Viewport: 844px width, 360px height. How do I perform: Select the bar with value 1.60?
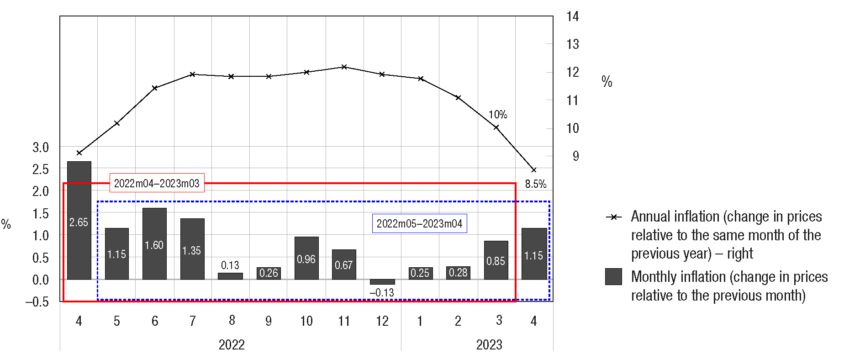(x=154, y=244)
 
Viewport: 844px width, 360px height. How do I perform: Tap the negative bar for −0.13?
(x=382, y=282)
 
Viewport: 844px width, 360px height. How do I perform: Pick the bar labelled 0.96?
(x=306, y=258)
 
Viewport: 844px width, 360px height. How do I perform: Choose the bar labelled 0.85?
(x=496, y=260)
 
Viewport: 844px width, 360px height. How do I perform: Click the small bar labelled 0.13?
(x=230, y=276)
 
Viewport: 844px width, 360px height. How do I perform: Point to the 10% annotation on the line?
(x=498, y=115)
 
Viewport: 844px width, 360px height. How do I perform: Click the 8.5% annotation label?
(x=535, y=184)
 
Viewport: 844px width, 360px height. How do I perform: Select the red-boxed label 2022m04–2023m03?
(x=157, y=183)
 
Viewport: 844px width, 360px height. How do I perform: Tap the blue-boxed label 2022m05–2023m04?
(x=419, y=223)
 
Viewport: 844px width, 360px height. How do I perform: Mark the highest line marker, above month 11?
(x=344, y=67)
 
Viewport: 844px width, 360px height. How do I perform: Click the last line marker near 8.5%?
(x=534, y=170)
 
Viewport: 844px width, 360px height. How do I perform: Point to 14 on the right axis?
(x=572, y=17)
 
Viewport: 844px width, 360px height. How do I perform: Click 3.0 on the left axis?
(x=41, y=147)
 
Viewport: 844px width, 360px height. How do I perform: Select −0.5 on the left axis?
(x=37, y=302)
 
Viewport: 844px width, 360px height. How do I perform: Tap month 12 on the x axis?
(x=382, y=321)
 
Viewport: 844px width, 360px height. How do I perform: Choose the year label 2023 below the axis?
(x=489, y=344)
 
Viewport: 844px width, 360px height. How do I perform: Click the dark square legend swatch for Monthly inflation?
(x=613, y=276)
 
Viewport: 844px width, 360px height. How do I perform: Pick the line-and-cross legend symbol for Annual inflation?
(x=614, y=217)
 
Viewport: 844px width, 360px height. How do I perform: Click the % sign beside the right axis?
(x=607, y=81)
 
